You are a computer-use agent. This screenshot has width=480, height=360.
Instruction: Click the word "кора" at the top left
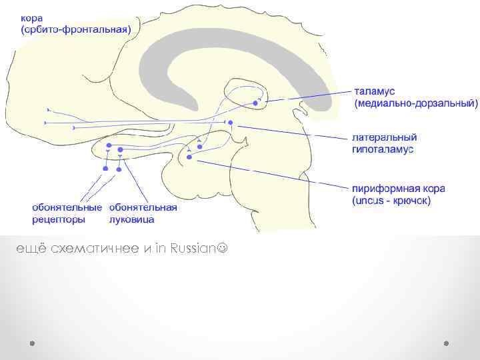coord(34,17)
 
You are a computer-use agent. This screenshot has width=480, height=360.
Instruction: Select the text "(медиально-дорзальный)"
coord(415,103)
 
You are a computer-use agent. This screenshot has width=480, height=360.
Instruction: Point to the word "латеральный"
coord(384,137)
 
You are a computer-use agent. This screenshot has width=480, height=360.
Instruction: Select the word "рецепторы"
coord(58,219)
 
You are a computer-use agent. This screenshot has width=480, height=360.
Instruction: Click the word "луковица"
coord(132,219)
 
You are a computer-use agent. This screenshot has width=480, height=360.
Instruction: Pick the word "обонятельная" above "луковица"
coord(143,207)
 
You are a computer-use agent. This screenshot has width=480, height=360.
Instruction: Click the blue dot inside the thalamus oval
coord(255,103)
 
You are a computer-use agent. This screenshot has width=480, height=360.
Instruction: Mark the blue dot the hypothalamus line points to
coord(230,123)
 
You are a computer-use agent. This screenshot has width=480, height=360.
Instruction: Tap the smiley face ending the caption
coord(222,249)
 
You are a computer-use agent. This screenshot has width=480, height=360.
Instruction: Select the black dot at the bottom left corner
coord(31,343)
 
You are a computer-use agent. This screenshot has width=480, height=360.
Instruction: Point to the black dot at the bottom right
coord(446,343)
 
